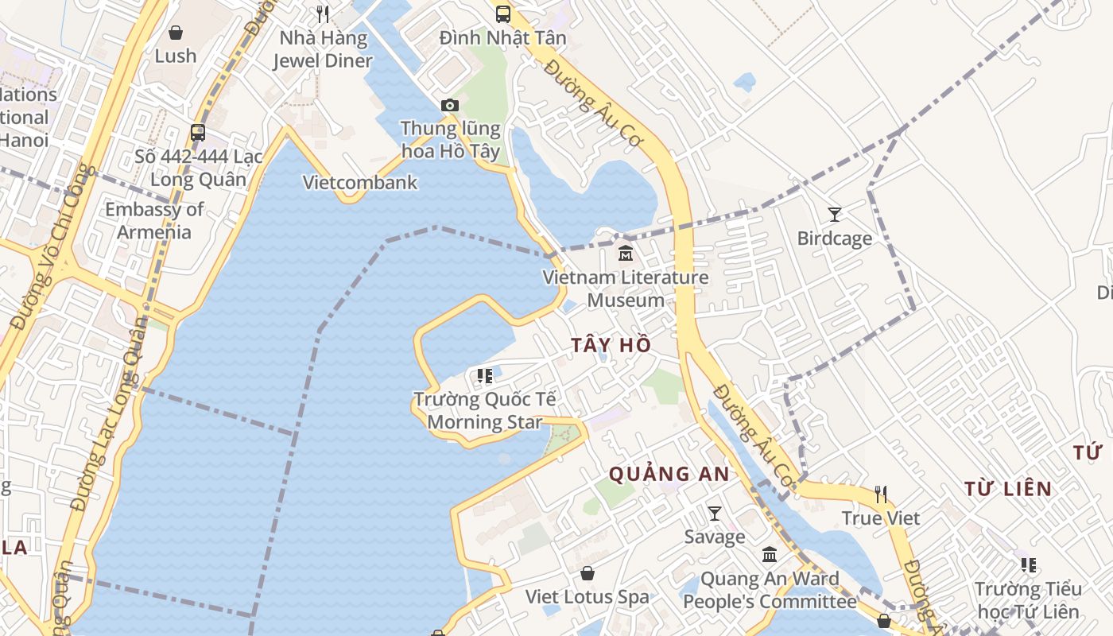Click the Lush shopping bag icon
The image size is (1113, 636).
(176, 33)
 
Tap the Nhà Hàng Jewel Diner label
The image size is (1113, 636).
(323, 49)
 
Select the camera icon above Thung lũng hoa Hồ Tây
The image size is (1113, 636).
(450, 105)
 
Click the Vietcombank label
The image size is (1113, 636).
(360, 182)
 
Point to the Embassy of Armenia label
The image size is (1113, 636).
(154, 221)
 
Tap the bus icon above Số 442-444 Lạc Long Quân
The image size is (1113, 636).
(198, 133)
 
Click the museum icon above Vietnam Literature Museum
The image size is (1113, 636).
(626, 254)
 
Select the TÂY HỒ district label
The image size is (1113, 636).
(611, 344)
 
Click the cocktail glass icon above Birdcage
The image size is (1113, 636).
(834, 214)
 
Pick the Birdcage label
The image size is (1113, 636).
(834, 238)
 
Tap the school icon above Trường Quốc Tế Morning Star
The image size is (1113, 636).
(484, 375)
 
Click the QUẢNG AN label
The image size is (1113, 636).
(669, 474)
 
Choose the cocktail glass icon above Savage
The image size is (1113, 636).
(715, 513)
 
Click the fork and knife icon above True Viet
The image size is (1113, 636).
(881, 494)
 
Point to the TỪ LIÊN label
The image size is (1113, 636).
(1008, 488)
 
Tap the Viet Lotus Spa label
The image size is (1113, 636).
(587, 596)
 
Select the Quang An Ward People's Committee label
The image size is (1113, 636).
(770, 590)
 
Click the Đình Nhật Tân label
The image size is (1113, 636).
(502, 37)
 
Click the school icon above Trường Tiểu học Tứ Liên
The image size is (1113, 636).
(1029, 565)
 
